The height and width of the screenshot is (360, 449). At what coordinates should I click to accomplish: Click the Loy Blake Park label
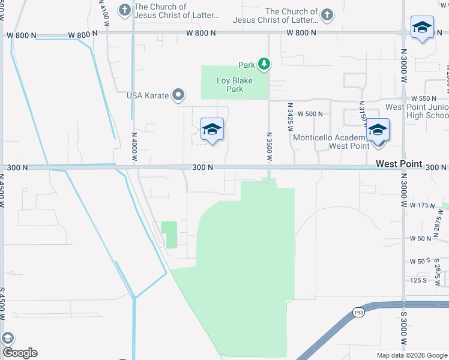click(x=234, y=85)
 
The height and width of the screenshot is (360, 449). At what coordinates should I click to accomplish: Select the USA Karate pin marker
click(x=178, y=95)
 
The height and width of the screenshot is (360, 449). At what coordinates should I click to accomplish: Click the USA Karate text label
click(x=148, y=95)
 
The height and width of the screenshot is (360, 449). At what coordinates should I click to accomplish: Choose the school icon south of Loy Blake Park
click(x=212, y=129)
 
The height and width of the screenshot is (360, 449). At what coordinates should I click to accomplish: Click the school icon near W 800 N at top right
click(x=422, y=27)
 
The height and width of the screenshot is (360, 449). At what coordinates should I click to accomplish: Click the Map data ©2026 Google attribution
click(x=411, y=355)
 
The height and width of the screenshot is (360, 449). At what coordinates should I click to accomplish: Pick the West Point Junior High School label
click(x=417, y=111)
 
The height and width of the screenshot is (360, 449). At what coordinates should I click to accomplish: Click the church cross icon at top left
click(x=124, y=10)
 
